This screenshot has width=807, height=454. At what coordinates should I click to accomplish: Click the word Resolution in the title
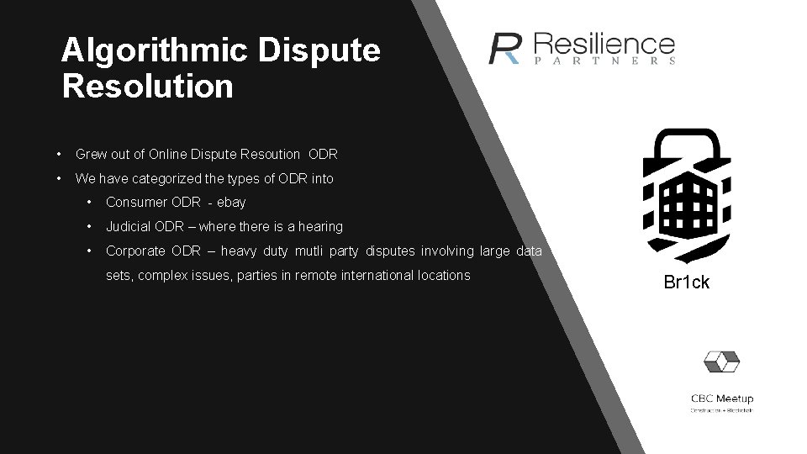[147, 86]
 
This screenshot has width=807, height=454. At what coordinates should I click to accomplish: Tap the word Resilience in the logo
[604, 44]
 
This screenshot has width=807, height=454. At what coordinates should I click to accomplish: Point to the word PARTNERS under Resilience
[604, 61]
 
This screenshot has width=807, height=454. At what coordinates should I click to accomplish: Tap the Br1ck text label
[686, 282]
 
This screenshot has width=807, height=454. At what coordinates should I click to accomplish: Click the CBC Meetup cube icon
[721, 362]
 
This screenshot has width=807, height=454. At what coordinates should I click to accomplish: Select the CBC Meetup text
[722, 399]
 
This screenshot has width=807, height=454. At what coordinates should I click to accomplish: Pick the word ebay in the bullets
[231, 203]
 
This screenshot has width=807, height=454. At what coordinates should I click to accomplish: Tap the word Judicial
[129, 227]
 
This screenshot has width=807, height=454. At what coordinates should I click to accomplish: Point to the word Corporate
[135, 251]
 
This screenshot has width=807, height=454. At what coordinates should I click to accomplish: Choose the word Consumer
[134, 203]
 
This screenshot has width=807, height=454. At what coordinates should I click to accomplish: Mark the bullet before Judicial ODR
[89, 227]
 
